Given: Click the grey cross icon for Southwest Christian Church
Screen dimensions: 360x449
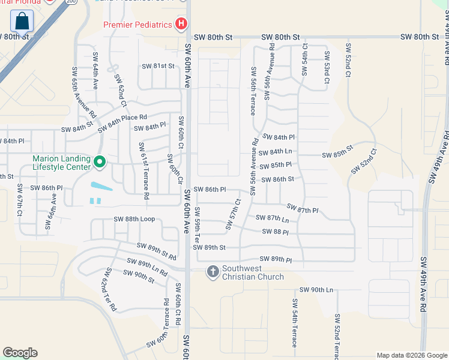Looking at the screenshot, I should [212, 272].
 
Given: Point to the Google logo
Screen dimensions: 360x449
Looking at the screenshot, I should [20, 353].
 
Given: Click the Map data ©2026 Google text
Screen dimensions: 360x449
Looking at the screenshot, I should [411, 355].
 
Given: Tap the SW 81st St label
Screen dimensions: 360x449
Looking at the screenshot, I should [158, 66].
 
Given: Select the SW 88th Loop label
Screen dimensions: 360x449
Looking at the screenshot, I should [134, 219].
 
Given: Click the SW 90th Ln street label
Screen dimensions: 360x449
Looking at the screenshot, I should [316, 290].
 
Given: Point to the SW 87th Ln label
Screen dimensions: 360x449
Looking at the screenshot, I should [273, 218].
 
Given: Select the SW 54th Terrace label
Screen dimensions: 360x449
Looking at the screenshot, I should [295, 323].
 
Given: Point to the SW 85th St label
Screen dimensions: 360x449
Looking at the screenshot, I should [338, 155].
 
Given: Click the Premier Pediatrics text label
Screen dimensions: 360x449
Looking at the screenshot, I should [137, 25].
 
